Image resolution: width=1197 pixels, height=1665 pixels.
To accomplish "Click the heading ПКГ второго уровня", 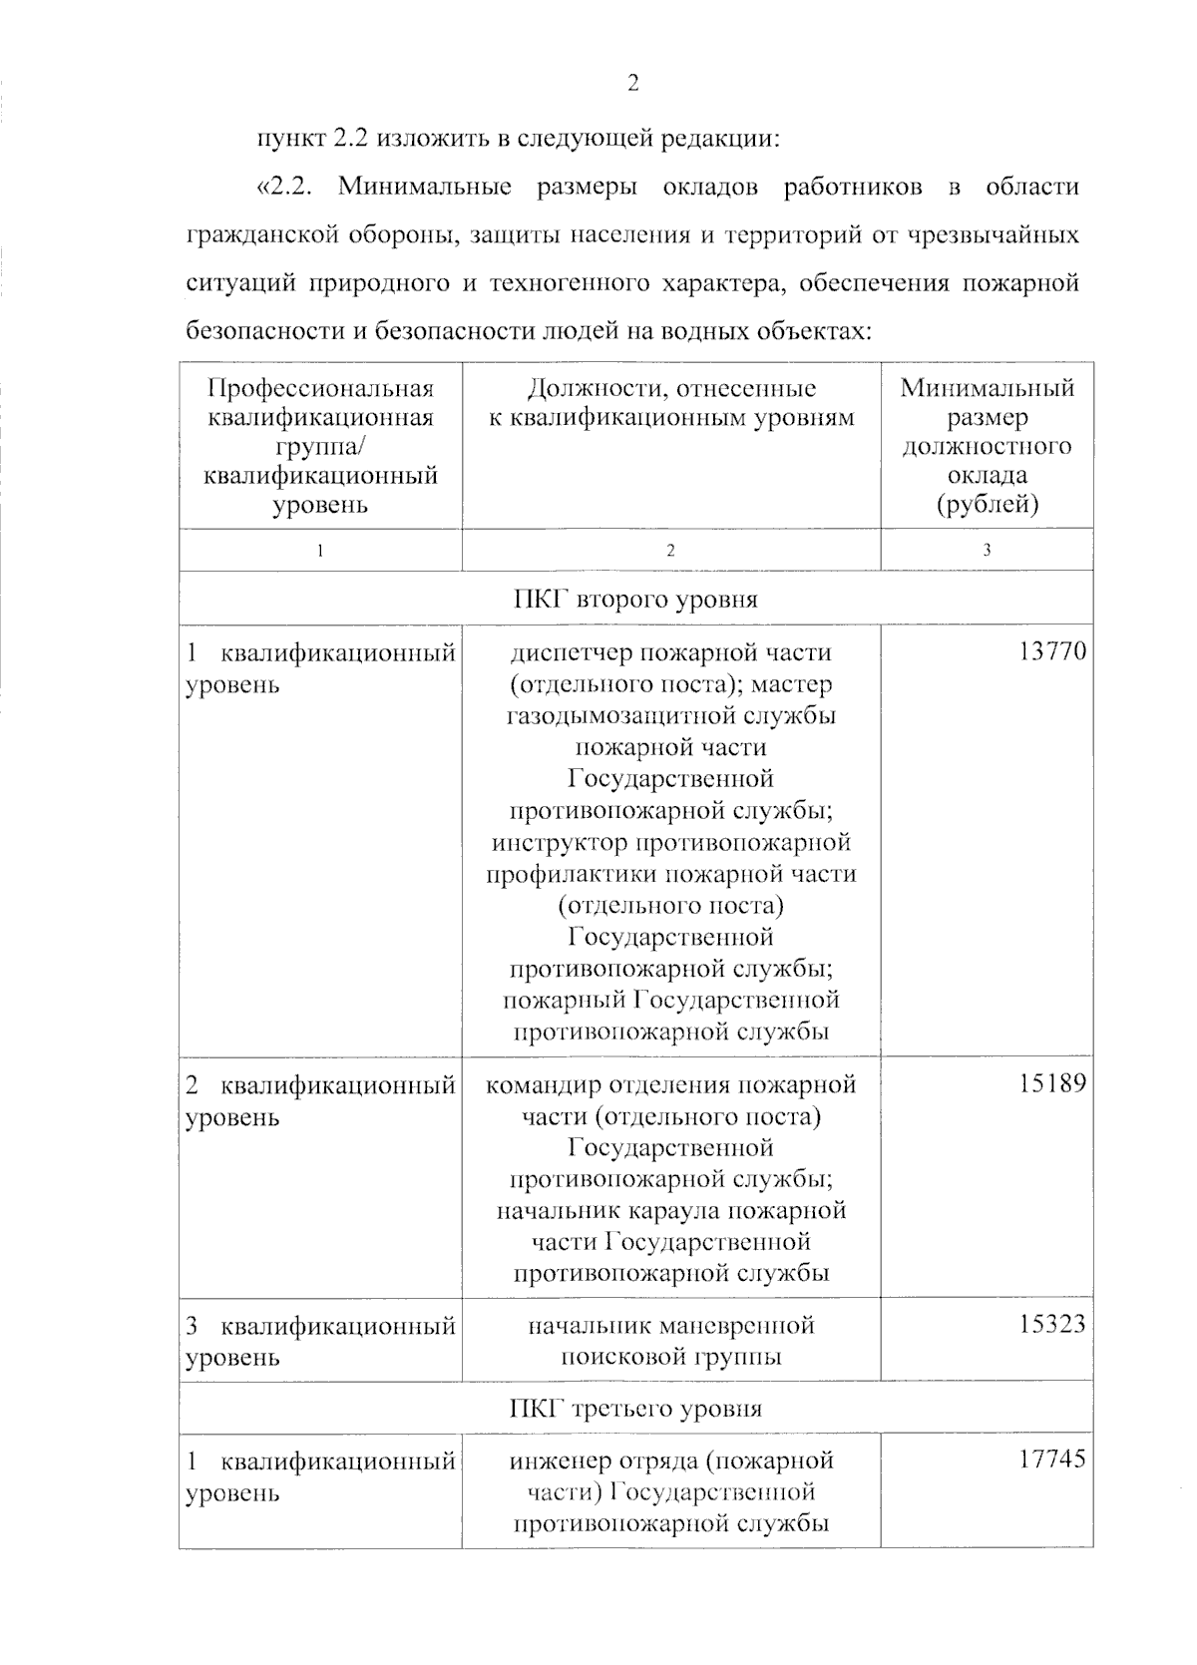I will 635,600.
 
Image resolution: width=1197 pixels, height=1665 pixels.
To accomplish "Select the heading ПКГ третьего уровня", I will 635,1409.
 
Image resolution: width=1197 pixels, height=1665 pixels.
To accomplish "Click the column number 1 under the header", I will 320,551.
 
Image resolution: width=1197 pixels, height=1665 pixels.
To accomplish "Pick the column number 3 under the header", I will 987,551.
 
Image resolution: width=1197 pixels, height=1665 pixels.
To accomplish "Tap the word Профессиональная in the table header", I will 320,389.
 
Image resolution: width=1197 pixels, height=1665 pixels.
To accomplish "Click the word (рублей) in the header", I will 987,505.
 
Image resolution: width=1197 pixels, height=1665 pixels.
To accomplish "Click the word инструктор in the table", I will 559,843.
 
